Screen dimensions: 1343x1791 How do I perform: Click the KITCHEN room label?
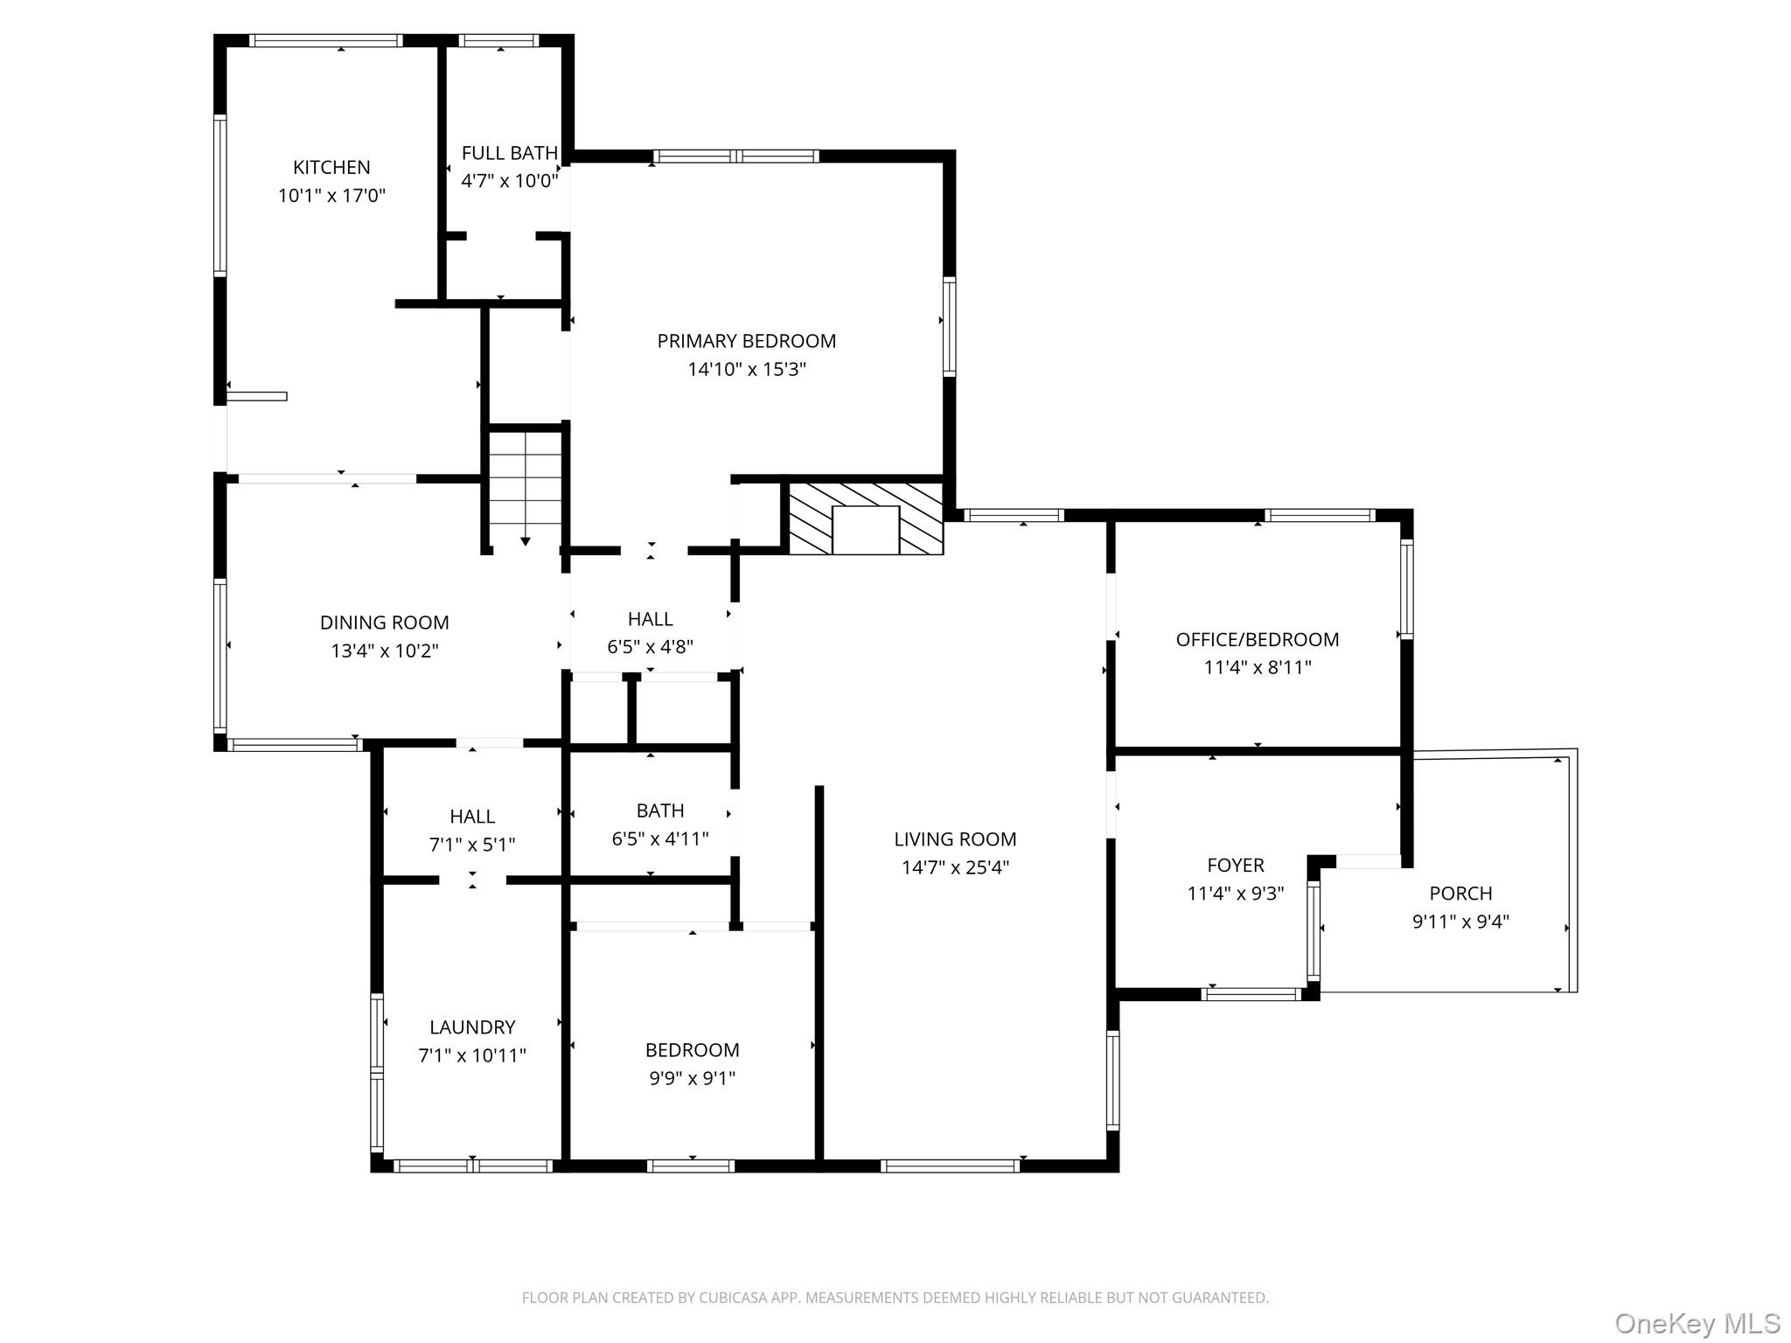click(x=331, y=167)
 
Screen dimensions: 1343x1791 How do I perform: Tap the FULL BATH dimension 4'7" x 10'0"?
click(x=510, y=181)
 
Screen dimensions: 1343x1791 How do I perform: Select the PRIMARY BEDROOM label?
click(x=746, y=341)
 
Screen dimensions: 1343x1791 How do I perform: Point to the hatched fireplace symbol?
click(x=866, y=518)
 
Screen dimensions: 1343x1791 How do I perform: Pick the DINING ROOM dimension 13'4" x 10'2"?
click(x=385, y=651)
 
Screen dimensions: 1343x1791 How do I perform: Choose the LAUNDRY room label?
click(x=472, y=1027)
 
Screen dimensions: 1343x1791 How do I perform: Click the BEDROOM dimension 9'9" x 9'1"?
click(x=692, y=1078)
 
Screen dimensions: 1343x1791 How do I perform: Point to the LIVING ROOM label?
click(x=955, y=839)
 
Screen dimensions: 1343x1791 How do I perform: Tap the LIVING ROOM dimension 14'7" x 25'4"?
click(x=955, y=867)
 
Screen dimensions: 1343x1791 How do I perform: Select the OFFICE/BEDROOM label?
click(x=1257, y=639)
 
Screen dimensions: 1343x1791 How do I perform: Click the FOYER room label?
click(x=1235, y=865)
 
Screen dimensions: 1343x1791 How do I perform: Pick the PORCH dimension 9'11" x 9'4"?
click(x=1460, y=922)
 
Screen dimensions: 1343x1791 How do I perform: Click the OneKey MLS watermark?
click(x=1697, y=1324)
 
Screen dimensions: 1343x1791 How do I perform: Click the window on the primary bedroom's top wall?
click(x=736, y=157)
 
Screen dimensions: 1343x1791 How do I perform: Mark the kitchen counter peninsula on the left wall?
click(x=257, y=397)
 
